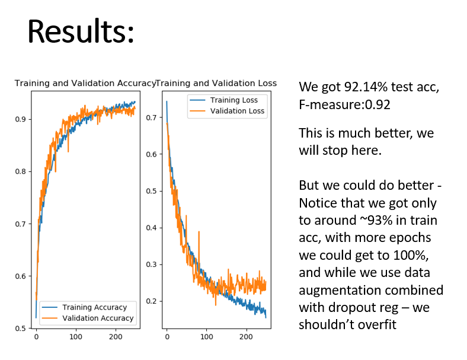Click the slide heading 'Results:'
[81, 32]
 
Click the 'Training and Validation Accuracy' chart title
[85, 84]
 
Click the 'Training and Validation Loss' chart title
[216, 84]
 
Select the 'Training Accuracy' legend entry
[94, 307]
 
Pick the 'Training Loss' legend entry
[234, 100]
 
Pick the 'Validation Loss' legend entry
[238, 111]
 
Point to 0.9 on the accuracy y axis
[21, 119]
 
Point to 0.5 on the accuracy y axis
[21, 328]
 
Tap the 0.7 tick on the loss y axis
[151, 117]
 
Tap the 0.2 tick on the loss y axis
[151, 301]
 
